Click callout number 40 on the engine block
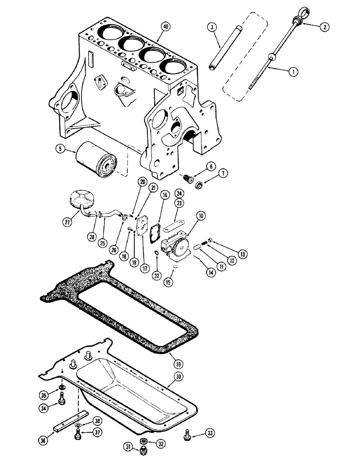[163, 26]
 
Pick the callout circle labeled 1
[292, 71]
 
